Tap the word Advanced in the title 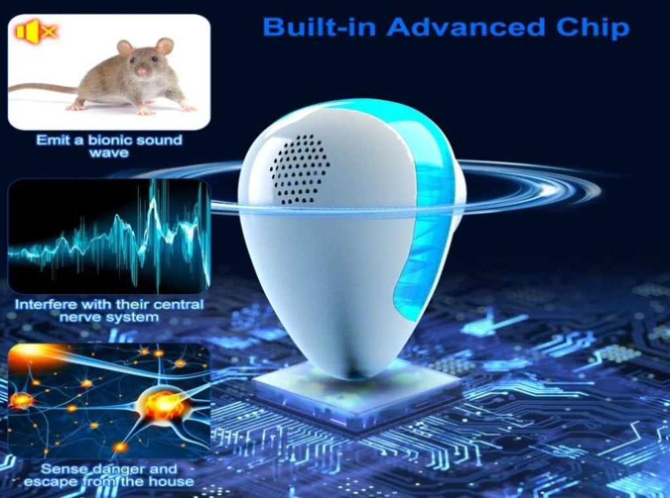point(466,26)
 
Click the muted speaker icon point(37,32)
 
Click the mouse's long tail point(43,88)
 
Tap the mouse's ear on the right point(164,46)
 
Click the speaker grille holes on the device point(300,169)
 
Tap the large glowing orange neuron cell point(163,404)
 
